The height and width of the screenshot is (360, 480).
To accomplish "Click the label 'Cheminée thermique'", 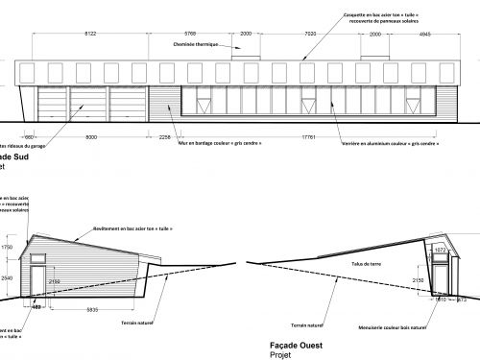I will click(x=197, y=45).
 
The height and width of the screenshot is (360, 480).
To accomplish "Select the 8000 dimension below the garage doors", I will click(x=90, y=137).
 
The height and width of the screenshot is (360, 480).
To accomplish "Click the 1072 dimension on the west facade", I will click(x=440, y=250).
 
